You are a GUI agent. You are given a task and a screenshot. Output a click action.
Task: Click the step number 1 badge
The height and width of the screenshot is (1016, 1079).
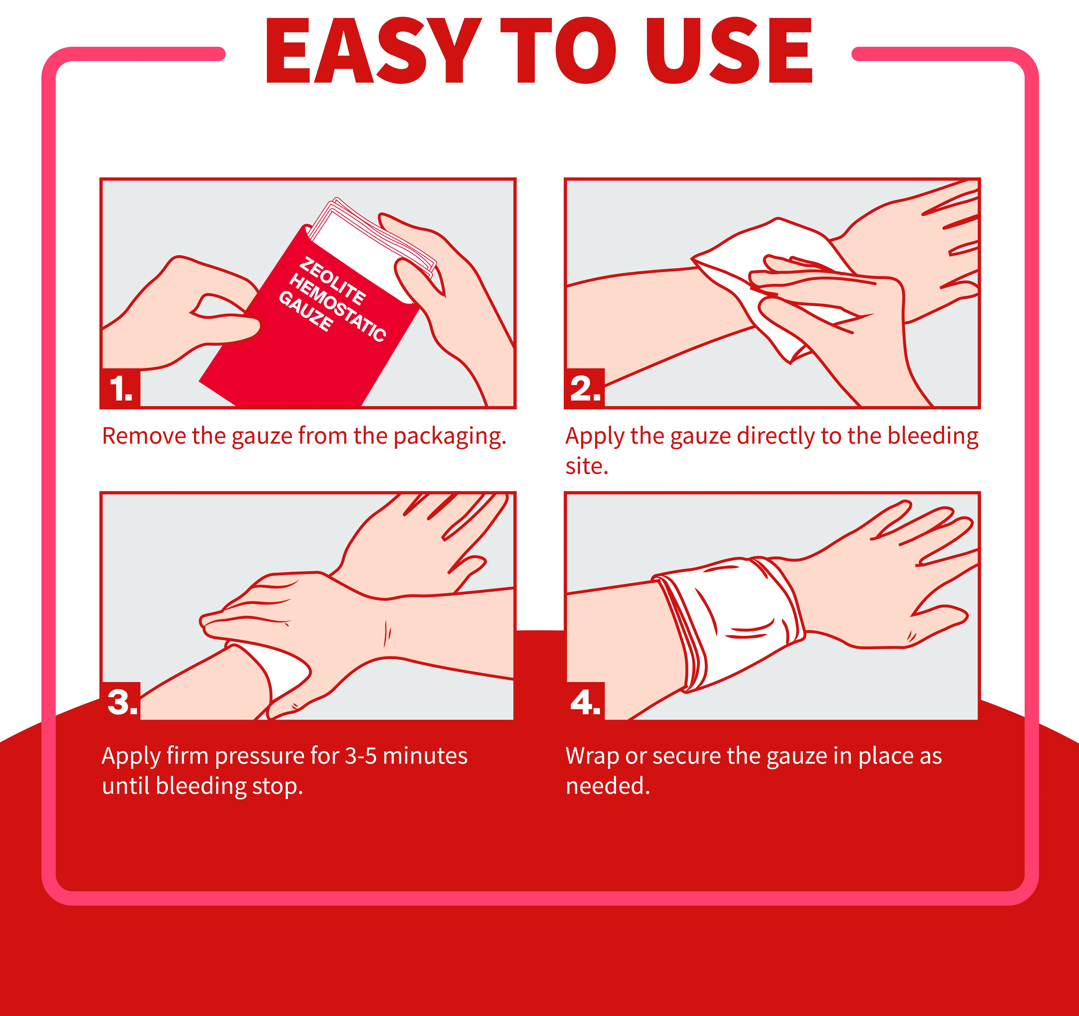pos(120,388)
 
